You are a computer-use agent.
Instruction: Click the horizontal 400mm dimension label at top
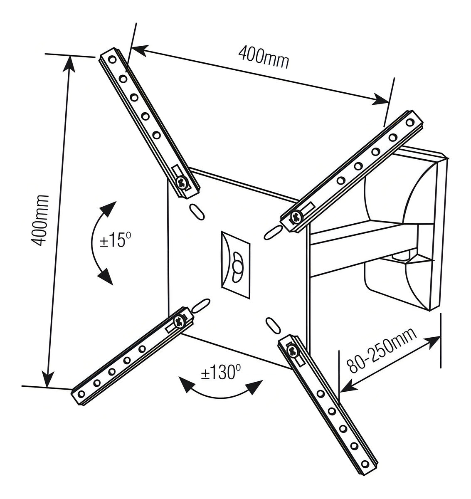click(263, 57)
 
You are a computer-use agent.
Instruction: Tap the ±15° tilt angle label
click(115, 240)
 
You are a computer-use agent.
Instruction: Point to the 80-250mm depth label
click(382, 350)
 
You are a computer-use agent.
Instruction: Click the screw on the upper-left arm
click(182, 182)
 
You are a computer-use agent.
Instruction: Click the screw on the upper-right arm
click(296, 216)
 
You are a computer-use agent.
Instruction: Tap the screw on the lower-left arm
click(180, 321)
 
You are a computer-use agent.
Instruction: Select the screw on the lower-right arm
click(293, 351)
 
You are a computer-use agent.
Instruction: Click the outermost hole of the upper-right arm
click(410, 122)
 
